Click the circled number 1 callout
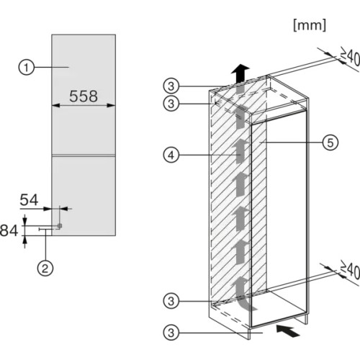coord(27,68)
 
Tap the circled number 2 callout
coord(45,269)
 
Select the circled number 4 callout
coord(171,156)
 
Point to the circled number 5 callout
coord(330,143)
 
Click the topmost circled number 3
coord(171,86)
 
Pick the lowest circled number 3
coord(171,333)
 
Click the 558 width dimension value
coord(84,96)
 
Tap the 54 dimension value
coord(29,199)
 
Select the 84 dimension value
coord(9,230)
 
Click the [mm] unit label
coord(310,25)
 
